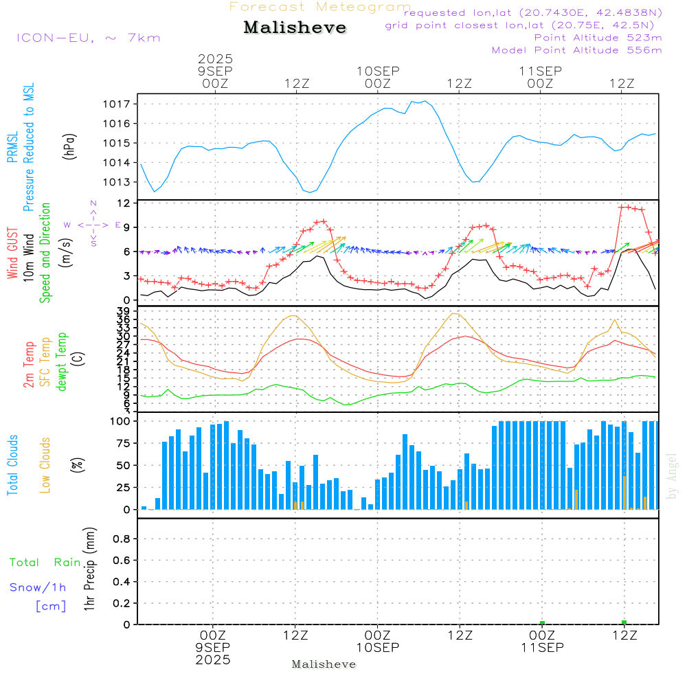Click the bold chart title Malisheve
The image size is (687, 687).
click(295, 28)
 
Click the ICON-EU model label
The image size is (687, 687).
click(88, 37)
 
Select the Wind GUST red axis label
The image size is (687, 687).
click(12, 255)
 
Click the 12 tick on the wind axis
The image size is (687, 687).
click(124, 203)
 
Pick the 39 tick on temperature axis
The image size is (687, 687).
click(124, 311)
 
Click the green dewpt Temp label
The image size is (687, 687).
click(62, 362)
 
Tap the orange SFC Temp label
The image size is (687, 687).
click(45, 362)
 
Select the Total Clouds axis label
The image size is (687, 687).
click(12, 465)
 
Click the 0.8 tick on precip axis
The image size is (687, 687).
click(122, 539)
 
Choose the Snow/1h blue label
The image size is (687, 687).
click(38, 587)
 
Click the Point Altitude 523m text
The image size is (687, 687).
click(598, 37)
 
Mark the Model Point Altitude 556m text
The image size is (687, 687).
click(577, 50)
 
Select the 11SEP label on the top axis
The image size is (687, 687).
click(540, 71)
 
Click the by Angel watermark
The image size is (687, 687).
click(672, 475)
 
